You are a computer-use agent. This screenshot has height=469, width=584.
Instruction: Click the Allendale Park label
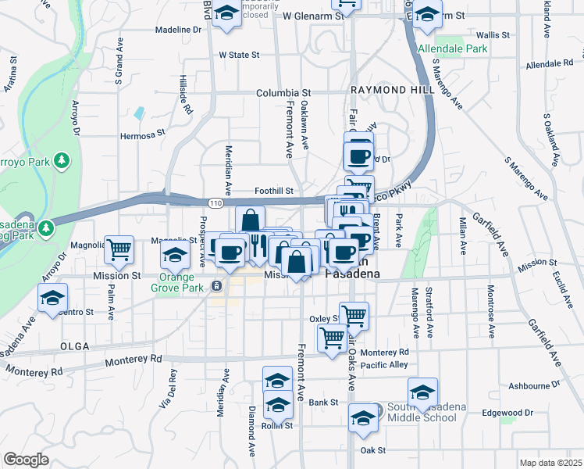(453, 48)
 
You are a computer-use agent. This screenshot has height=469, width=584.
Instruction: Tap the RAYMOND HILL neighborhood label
(392, 91)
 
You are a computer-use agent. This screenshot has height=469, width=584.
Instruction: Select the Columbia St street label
(283, 92)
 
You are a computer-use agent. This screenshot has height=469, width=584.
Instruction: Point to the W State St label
(238, 55)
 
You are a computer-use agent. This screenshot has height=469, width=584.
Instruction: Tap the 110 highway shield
(215, 202)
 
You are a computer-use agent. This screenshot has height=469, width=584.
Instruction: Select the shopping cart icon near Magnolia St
(119, 249)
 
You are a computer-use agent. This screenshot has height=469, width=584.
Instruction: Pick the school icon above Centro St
(53, 298)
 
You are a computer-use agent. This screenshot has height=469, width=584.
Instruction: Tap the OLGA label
(74, 345)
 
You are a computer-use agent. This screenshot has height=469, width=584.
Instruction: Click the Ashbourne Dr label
(530, 385)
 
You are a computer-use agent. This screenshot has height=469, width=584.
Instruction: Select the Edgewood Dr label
(507, 413)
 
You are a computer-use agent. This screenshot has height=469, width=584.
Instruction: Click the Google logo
(26, 460)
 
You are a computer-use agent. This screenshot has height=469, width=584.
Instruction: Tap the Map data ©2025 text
(550, 463)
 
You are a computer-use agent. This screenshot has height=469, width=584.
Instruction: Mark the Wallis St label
(493, 35)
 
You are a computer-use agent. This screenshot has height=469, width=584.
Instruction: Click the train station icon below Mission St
(216, 286)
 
